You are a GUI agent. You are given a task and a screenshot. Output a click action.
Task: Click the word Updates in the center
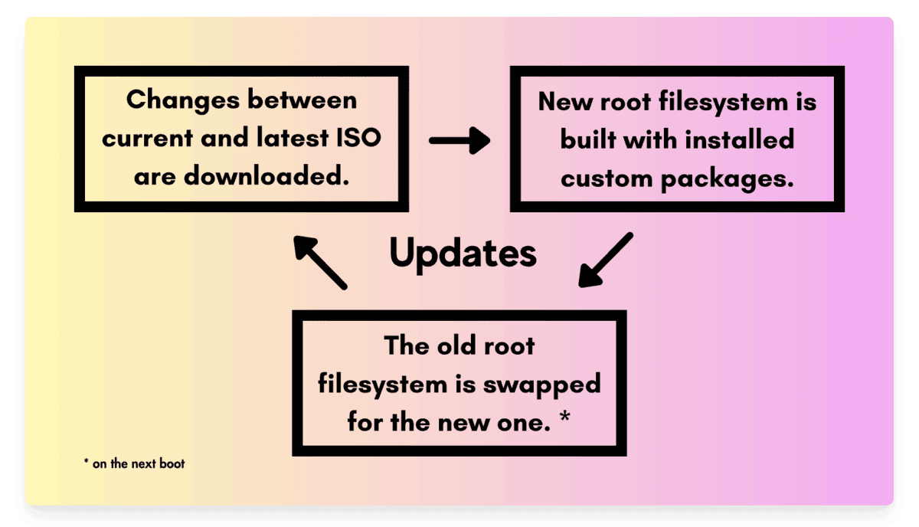point(463,254)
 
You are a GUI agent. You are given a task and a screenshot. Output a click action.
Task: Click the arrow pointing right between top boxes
point(459,140)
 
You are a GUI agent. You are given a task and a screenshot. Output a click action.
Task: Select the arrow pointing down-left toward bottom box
point(606,260)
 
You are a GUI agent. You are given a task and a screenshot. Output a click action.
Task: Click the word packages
point(734,180)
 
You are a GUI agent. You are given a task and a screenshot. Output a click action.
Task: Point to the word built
point(588,140)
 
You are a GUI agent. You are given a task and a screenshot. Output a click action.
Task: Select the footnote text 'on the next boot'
point(139,463)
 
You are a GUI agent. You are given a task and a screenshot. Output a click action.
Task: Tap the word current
point(148,139)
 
